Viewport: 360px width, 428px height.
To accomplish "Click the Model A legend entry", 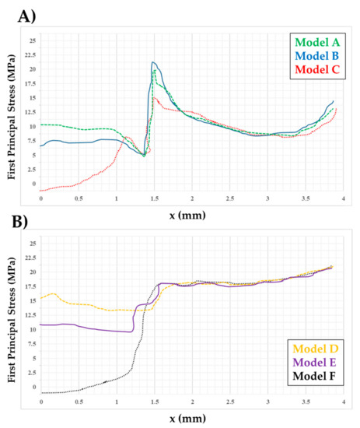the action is pyautogui.click(x=317, y=43).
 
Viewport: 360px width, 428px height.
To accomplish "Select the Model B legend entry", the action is pyautogui.click(x=316, y=56).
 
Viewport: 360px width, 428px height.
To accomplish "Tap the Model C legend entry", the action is pyautogui.click(x=317, y=69).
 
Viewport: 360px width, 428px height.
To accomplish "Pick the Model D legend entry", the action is pyautogui.click(x=315, y=349).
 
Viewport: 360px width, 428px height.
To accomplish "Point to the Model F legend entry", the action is pyautogui.click(x=314, y=376).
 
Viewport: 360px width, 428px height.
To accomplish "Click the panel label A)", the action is pyautogui.click(x=26, y=17).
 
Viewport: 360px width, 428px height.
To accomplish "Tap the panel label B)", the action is pyautogui.click(x=19, y=222).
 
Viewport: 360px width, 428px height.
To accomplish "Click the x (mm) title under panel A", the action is pyautogui.click(x=187, y=216).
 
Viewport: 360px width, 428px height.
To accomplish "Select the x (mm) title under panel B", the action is pyautogui.click(x=187, y=419).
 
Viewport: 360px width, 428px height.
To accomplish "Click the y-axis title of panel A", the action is pyautogui.click(x=11, y=117).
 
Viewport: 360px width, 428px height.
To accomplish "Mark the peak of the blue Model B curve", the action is pyautogui.click(x=153, y=62).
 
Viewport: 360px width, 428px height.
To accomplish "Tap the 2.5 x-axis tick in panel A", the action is pyautogui.click(x=230, y=198).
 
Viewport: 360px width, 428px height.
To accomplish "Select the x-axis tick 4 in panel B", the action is pyautogui.click(x=344, y=402).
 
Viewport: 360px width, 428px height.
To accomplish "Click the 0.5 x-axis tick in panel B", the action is pyautogui.click(x=79, y=402).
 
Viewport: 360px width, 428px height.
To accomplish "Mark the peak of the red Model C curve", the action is pyautogui.click(x=154, y=97).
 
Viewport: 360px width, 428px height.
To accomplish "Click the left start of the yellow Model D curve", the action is pyautogui.click(x=40, y=298).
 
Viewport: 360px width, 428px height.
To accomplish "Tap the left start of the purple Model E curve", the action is pyautogui.click(x=40, y=325).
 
